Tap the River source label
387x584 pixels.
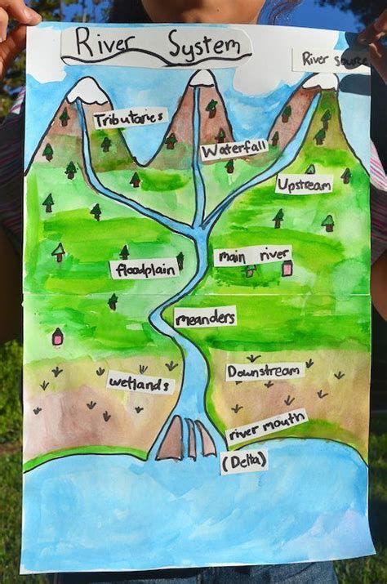[330, 59]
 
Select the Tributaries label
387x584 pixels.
[129, 119]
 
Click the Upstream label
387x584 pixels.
[303, 185]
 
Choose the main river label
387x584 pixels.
[252, 256]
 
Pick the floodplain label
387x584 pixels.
[145, 269]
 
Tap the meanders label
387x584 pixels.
[205, 317]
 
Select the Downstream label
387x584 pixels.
[264, 372]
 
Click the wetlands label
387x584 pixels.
[140, 382]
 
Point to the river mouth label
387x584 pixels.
[267, 427]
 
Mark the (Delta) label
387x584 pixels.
[243, 463]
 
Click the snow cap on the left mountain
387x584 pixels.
[88, 91]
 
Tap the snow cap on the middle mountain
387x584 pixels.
[202, 78]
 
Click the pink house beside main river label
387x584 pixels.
[287, 268]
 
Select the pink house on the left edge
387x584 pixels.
[57, 336]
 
